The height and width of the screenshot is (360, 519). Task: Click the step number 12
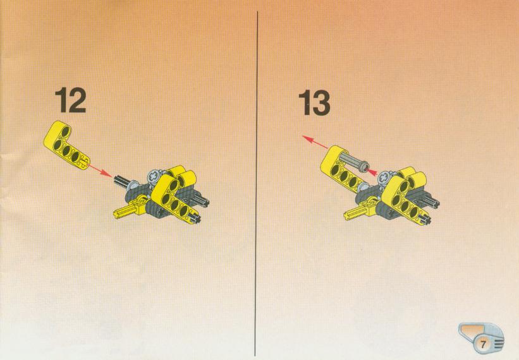click(x=71, y=100)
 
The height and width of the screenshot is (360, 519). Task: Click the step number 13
click(x=314, y=102)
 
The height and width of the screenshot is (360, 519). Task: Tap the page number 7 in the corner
click(x=483, y=344)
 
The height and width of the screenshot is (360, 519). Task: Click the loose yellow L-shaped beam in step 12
click(x=66, y=145)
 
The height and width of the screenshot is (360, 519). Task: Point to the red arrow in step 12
click(x=101, y=171)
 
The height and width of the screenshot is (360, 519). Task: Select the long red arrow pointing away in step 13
click(x=315, y=142)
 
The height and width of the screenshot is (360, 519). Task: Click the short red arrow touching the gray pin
click(x=372, y=172)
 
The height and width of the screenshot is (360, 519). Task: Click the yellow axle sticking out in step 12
click(x=123, y=212)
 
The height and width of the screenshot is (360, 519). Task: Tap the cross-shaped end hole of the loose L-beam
click(x=83, y=161)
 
